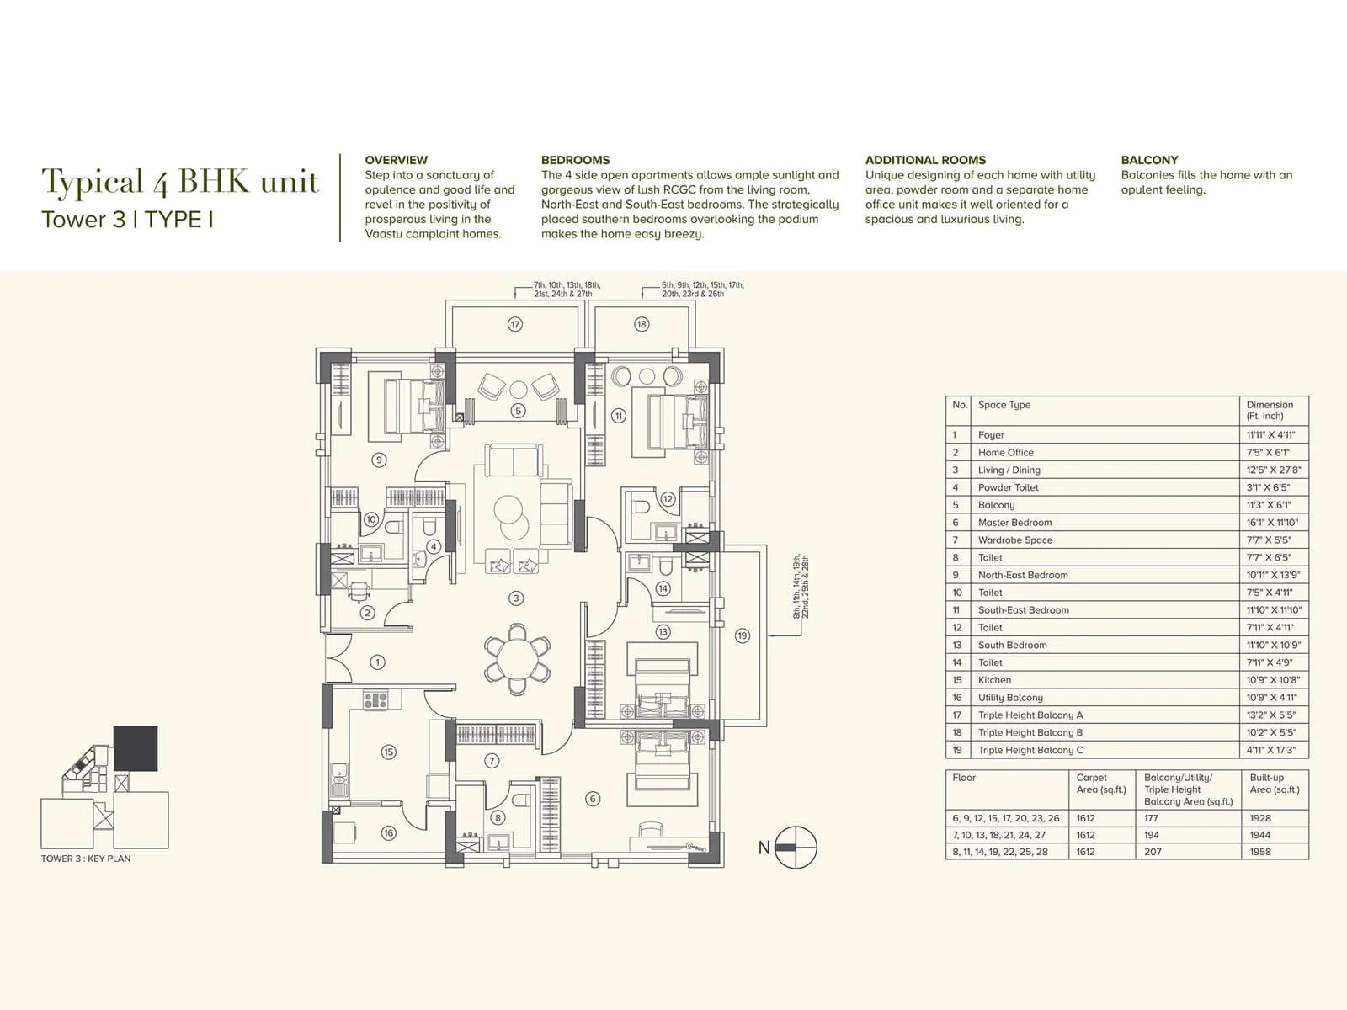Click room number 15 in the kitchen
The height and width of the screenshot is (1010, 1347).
pos(388,752)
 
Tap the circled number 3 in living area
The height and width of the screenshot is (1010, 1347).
pos(516,598)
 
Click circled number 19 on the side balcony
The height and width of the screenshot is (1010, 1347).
pos(742,635)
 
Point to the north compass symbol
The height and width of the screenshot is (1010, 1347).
pos(796,847)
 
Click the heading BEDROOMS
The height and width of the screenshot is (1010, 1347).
pos(575,160)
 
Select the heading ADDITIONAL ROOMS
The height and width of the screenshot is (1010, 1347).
pos(924,160)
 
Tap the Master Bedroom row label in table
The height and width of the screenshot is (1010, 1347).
pos(1014,523)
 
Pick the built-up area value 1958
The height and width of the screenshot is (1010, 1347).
pos(1260,852)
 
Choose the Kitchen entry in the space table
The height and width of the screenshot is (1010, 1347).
pos(994,680)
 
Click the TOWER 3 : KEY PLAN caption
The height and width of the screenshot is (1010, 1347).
pos(86,858)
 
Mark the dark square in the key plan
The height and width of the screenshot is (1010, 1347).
pos(136,748)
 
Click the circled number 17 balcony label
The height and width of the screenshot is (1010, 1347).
pos(515,324)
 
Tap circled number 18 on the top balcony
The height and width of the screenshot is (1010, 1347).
pos(642,324)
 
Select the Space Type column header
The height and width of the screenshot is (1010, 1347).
pos(1004,405)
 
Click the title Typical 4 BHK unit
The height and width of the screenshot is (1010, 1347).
pos(180,182)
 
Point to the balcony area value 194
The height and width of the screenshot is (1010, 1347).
pos(1151,835)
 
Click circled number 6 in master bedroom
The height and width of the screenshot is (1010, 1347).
pos(593,799)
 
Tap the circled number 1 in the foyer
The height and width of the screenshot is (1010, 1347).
pos(377,662)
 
